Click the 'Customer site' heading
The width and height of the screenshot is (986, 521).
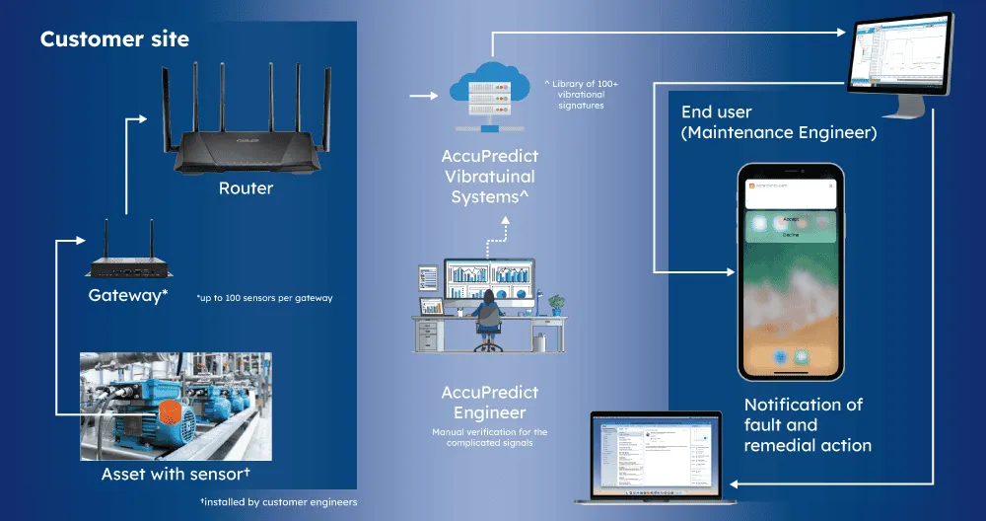click(x=114, y=40)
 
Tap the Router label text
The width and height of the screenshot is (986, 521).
click(x=246, y=187)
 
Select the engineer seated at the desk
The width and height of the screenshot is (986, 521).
click(x=487, y=316)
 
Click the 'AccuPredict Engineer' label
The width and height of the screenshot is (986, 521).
click(x=490, y=403)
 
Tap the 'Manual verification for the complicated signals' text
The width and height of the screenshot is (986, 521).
click(x=490, y=437)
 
